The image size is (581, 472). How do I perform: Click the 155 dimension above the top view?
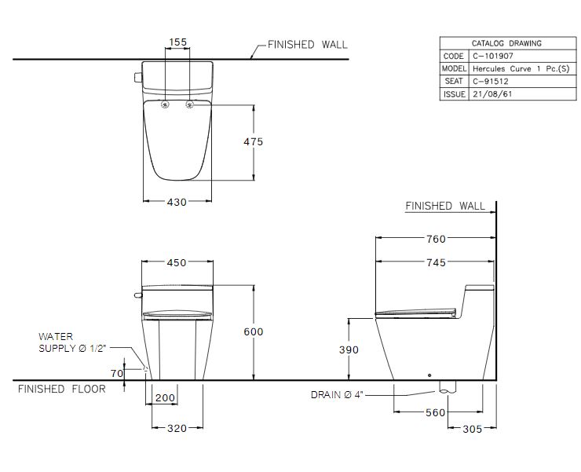click(178, 42)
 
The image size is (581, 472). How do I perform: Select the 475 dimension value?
click(253, 141)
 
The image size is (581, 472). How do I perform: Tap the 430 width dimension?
click(177, 202)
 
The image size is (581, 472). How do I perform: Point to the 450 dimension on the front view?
click(177, 262)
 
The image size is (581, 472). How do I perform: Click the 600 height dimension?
click(254, 331)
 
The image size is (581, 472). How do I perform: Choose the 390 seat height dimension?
click(349, 349)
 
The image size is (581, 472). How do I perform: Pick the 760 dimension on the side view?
click(436, 240)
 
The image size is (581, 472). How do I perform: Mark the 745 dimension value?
click(436, 262)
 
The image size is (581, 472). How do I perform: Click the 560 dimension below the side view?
click(435, 412)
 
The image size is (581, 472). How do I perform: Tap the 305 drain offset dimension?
click(473, 429)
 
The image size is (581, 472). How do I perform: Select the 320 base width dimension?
click(177, 428)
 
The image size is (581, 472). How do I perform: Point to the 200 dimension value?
click(165, 398)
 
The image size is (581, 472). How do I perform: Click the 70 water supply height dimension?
click(117, 373)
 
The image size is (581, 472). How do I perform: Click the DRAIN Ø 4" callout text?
click(337, 395)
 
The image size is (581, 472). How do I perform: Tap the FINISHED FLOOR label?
click(62, 389)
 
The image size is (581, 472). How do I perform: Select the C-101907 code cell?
click(493, 56)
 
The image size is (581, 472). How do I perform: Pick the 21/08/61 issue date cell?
click(492, 94)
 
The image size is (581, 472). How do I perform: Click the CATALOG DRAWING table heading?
click(506, 43)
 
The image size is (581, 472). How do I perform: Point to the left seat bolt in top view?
click(165, 105)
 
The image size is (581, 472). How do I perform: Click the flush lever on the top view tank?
click(138, 78)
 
